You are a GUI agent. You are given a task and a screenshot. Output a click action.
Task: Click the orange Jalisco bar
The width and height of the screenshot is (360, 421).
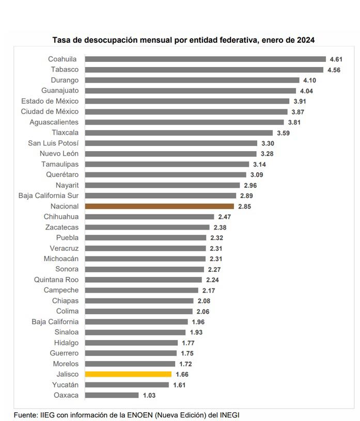point(128,374)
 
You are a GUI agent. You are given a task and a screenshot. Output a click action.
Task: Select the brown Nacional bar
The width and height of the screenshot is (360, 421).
point(159,206)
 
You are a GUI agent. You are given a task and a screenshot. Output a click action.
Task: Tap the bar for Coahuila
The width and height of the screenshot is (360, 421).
point(205,59)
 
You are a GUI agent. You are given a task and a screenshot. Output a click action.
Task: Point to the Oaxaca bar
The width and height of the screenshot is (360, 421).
point(112,395)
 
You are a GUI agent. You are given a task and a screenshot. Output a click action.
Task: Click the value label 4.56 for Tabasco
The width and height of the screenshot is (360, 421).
point(334,70)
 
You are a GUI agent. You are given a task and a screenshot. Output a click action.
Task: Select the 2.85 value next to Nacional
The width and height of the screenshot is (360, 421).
point(244,206)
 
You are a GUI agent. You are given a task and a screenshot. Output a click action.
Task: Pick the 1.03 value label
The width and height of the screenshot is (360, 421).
point(149,395)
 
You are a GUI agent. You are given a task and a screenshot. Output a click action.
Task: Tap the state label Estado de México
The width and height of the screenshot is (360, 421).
point(50,101)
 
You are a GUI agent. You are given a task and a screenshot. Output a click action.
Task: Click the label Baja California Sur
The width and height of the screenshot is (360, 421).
point(49,196)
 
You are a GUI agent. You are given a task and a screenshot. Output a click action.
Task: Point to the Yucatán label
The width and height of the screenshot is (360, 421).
point(65,385)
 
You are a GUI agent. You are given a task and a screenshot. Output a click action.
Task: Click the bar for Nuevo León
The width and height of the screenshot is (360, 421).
point(170,154)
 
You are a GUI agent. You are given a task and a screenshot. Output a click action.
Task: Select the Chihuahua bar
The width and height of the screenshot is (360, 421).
point(149,217)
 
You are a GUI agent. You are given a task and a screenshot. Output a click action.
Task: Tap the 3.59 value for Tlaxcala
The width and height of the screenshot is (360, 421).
point(283,133)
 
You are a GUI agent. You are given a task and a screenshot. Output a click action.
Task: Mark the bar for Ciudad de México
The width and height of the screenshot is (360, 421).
point(186,111)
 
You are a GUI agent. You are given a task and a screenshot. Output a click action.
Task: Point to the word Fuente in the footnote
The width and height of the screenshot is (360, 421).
point(25,415)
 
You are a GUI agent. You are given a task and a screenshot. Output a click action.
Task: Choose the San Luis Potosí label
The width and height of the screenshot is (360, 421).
point(53,143)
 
